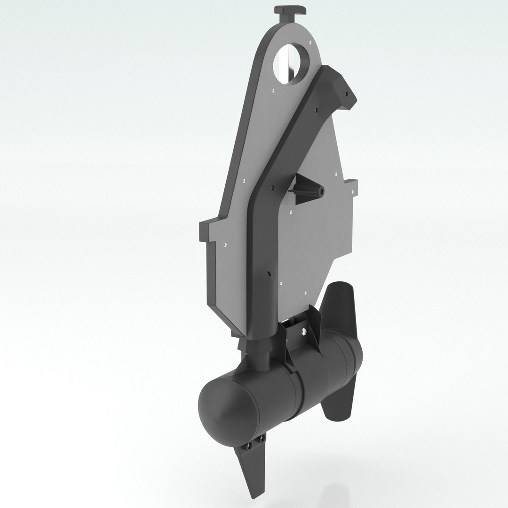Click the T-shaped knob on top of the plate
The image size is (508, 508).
(290, 11)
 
